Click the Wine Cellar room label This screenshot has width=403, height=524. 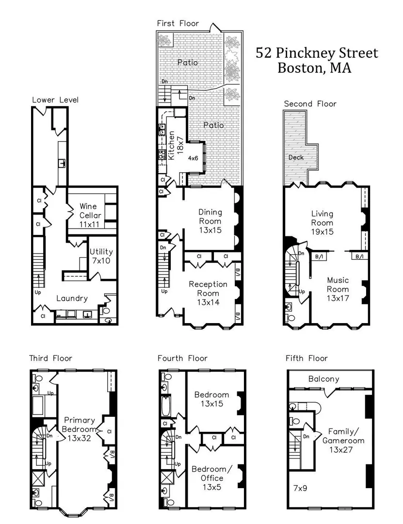[x=90, y=215]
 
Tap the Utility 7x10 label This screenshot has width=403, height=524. [x=101, y=256]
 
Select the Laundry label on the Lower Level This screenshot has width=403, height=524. [x=72, y=298]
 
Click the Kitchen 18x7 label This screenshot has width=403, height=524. [x=175, y=145]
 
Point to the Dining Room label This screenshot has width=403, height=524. [x=210, y=221]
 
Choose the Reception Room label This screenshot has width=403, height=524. [x=208, y=293]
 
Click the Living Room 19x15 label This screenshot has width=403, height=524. [x=322, y=223]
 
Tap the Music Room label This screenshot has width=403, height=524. [x=338, y=289]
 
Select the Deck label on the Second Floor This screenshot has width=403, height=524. [x=296, y=157]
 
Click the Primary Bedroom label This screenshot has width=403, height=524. [x=79, y=429]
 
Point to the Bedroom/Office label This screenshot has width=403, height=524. [x=211, y=478]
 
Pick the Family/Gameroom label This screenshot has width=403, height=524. [x=343, y=441]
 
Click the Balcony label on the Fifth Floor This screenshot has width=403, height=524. [x=323, y=379]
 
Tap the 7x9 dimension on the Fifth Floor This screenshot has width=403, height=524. [x=300, y=488]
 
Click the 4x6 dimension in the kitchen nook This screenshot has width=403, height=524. [x=193, y=158]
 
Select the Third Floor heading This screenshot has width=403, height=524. [x=50, y=358]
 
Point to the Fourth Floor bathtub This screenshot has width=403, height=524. [x=166, y=406]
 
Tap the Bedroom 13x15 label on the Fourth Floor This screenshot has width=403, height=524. [x=211, y=399]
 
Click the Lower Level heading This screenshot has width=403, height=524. [x=55, y=100]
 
